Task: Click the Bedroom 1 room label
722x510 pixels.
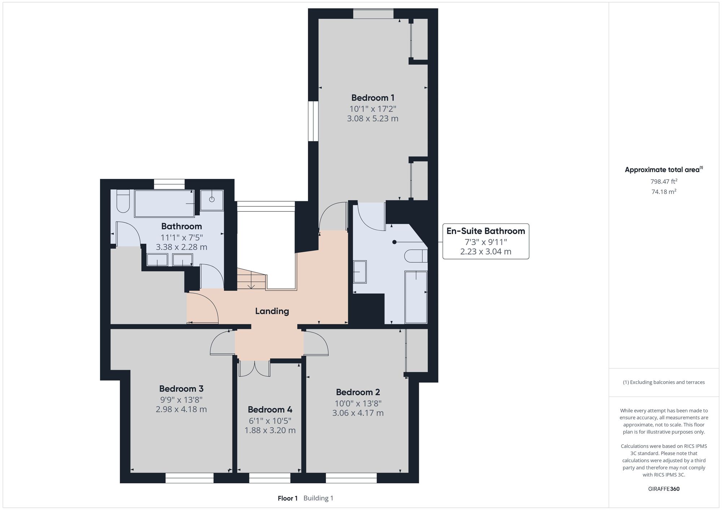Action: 373,98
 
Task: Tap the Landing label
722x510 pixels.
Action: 272,311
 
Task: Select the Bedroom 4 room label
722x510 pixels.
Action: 270,410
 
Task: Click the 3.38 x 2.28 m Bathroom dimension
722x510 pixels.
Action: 182,247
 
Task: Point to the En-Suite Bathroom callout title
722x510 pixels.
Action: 486,231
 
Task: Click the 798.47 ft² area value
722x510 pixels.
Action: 664,181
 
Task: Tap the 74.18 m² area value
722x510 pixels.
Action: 664,192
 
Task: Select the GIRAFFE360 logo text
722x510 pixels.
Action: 664,489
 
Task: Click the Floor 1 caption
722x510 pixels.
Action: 287,498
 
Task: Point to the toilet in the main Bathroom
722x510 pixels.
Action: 123,201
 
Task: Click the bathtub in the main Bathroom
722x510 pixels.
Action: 164,204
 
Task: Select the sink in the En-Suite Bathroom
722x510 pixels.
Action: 360,272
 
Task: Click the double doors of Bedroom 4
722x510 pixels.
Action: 254,369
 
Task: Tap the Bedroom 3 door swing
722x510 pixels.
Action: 222,343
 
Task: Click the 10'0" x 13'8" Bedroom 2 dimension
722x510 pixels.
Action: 358,404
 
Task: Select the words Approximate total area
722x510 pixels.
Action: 662,170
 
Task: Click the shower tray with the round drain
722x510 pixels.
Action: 212,200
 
